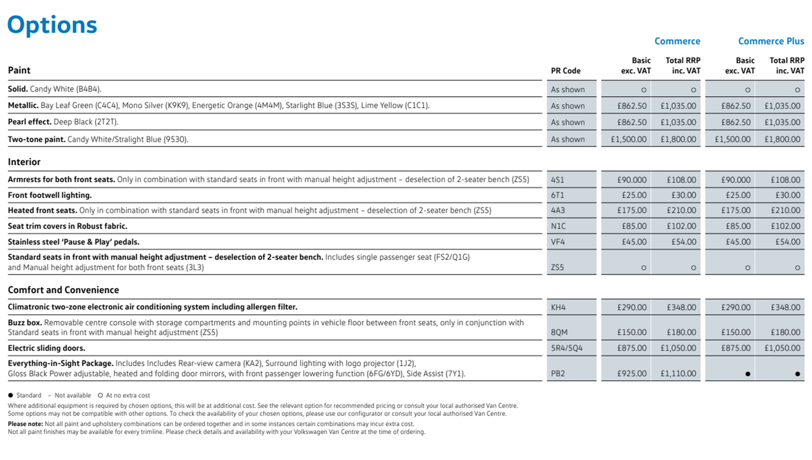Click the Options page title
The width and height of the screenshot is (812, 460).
click(x=52, y=25)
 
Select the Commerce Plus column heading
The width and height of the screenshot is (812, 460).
click(x=771, y=41)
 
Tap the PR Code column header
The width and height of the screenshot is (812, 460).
click(x=565, y=71)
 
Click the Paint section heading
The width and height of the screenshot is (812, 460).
click(x=19, y=70)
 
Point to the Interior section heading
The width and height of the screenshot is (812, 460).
click(x=24, y=162)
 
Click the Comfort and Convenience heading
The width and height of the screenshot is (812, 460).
click(x=63, y=290)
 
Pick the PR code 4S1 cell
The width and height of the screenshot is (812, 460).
click(x=557, y=180)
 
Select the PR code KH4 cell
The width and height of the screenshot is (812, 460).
click(x=558, y=307)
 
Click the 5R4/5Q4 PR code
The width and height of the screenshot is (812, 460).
click(x=566, y=348)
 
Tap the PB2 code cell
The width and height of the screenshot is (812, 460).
click(x=558, y=374)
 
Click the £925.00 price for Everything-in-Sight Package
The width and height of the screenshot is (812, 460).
click(x=631, y=374)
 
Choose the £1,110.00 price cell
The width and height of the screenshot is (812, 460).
click(x=678, y=374)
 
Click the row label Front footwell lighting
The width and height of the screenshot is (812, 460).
click(x=49, y=195)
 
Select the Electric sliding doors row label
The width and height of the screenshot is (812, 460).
click(x=47, y=348)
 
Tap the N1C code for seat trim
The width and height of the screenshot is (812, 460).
click(x=558, y=226)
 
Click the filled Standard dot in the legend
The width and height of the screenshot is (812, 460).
click(x=11, y=395)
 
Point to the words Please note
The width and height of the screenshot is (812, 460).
click(x=25, y=424)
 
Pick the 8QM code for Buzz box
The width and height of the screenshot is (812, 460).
click(x=559, y=332)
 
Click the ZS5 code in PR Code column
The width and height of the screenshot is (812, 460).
click(x=557, y=267)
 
